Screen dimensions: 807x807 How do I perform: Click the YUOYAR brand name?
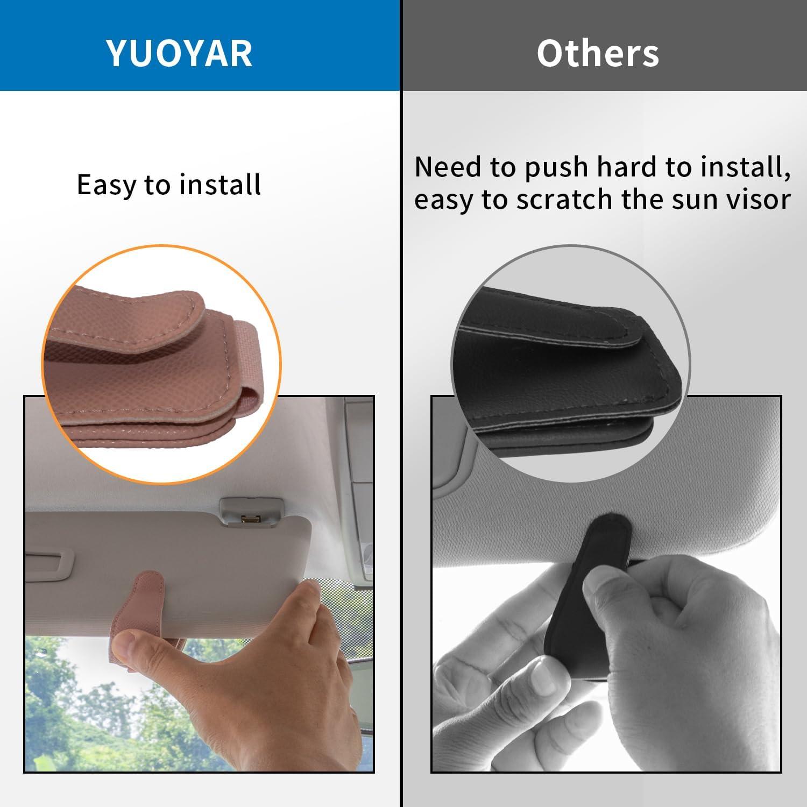pos(180,53)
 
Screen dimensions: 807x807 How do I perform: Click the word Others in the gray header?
pos(598,53)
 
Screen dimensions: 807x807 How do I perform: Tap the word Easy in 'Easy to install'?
pos(107,186)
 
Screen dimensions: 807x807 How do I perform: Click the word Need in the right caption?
pos(448,167)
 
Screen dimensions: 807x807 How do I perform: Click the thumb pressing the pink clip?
pos(134,648)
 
